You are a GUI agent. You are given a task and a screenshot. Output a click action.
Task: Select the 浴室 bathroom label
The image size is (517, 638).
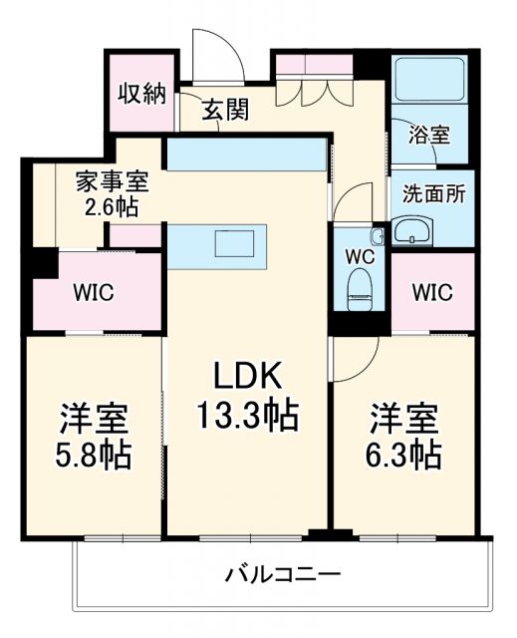[429, 135]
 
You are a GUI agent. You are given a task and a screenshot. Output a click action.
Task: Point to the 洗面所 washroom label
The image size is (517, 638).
[433, 193]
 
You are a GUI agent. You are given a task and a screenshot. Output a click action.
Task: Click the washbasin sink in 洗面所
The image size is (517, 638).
[412, 233]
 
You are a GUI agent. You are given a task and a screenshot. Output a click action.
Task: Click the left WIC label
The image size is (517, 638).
[95, 293]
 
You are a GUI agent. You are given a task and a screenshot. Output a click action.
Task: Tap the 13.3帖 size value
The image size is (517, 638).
[250, 416]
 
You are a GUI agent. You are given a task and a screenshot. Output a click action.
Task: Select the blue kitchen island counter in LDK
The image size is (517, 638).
[217, 246]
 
